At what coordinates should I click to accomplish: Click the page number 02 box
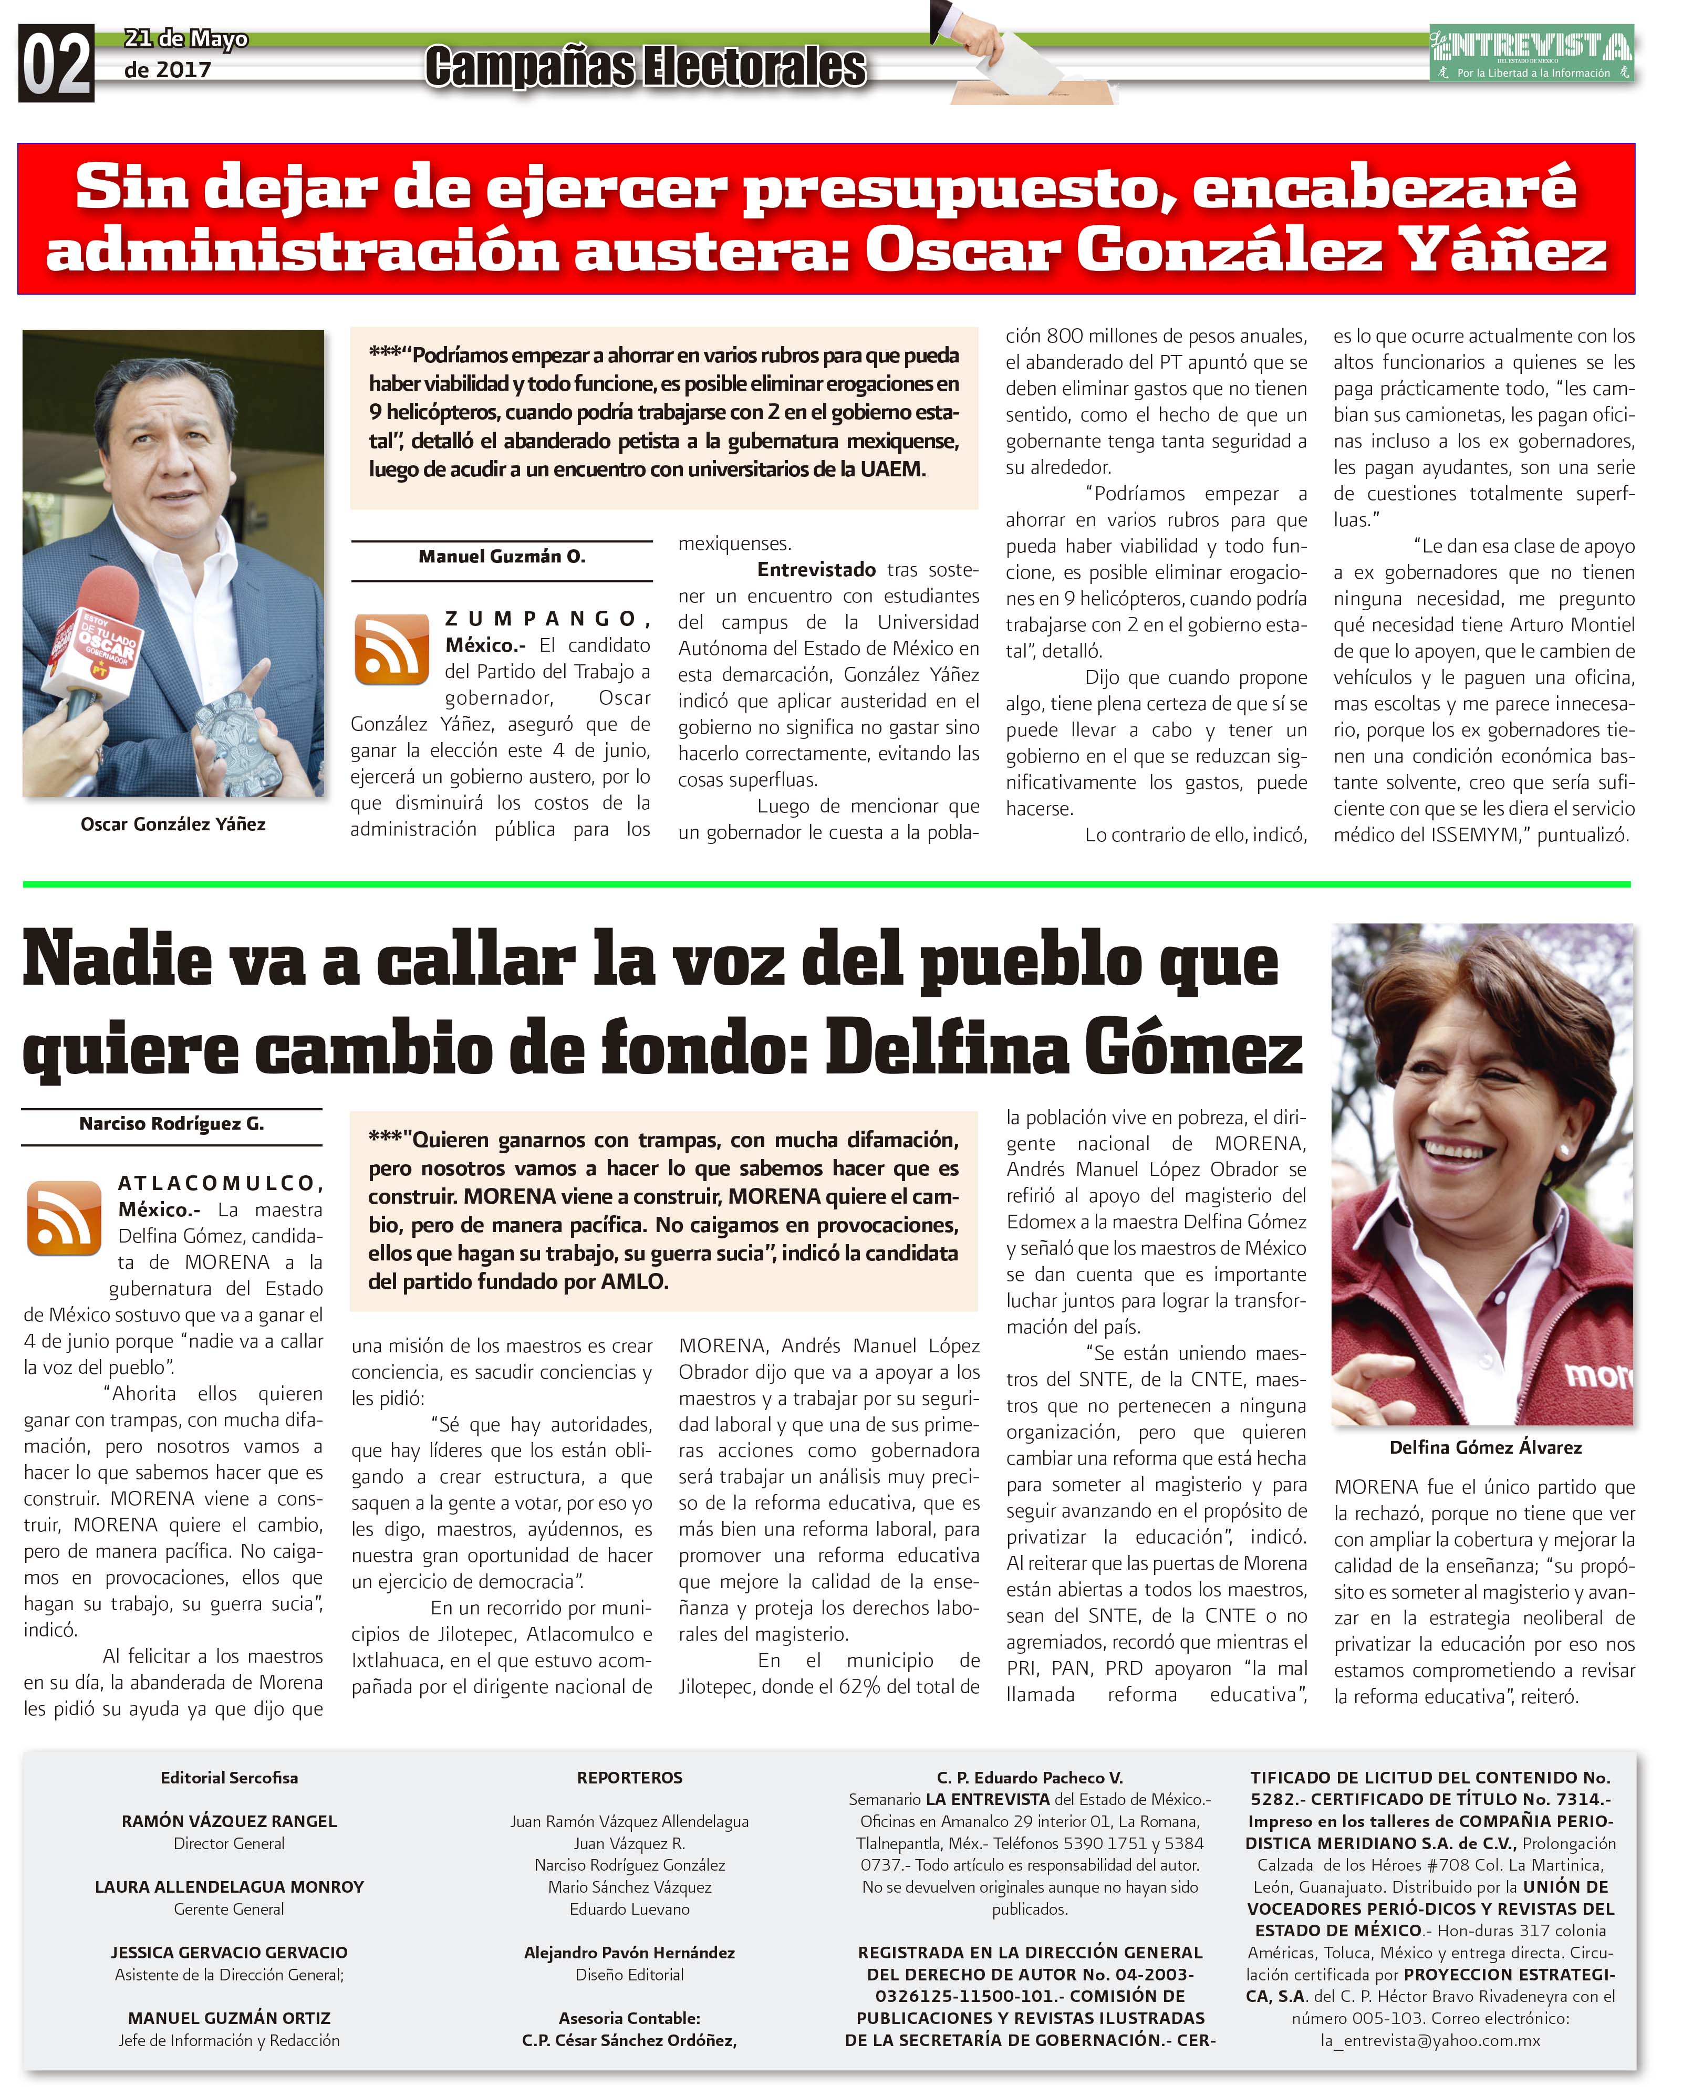click(56, 64)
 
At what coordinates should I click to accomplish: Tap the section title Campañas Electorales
click(646, 67)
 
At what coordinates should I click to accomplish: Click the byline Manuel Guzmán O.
click(501, 556)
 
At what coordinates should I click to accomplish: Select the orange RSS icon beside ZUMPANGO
click(391, 649)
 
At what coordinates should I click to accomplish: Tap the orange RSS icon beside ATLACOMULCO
click(64, 1217)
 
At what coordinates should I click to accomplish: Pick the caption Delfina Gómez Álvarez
click(1484, 1447)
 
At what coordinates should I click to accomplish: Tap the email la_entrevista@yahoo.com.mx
click(1430, 2041)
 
